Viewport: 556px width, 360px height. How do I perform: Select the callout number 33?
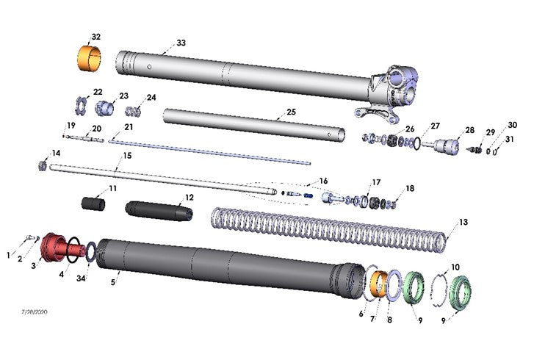click(181, 43)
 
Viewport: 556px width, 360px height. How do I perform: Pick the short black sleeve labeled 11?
click(93, 203)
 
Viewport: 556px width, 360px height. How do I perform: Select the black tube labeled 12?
click(159, 211)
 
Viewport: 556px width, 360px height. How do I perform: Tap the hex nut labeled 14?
click(43, 166)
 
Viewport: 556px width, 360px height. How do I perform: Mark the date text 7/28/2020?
click(35, 312)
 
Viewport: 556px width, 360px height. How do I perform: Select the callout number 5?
click(114, 280)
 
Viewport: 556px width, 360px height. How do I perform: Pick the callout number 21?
click(129, 126)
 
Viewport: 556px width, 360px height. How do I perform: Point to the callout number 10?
click(455, 267)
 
